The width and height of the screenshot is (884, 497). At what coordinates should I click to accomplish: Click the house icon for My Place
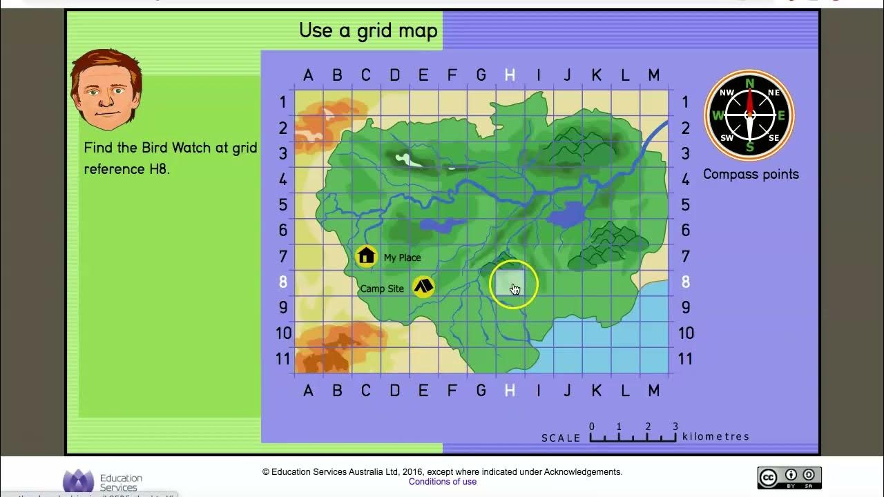366,257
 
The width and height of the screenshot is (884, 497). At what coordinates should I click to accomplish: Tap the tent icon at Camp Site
423,286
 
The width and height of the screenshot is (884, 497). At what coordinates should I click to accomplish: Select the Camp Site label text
382,289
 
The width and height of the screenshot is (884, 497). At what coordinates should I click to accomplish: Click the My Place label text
402,257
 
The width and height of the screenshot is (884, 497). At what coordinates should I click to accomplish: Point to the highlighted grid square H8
510,282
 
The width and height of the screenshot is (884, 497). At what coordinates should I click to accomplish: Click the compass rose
749,115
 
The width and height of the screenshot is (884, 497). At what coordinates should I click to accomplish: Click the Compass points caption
751,174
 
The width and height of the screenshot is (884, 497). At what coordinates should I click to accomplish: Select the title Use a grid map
368,30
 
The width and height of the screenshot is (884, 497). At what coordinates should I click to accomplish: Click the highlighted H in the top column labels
510,75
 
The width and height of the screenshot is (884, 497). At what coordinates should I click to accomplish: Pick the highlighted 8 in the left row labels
283,282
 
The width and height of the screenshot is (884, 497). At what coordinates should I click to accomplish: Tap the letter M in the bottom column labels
653,391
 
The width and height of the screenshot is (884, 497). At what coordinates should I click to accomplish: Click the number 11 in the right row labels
685,359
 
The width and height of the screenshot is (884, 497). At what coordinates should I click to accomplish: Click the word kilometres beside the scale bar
715,436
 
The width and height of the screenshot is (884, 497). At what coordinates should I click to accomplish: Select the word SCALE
561,438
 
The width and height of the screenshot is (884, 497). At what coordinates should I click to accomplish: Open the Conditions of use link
442,482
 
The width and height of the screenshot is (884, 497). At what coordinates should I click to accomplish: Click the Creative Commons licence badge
789,478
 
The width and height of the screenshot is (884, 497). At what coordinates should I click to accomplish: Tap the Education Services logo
104,481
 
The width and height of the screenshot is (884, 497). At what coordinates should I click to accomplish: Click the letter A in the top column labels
308,75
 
